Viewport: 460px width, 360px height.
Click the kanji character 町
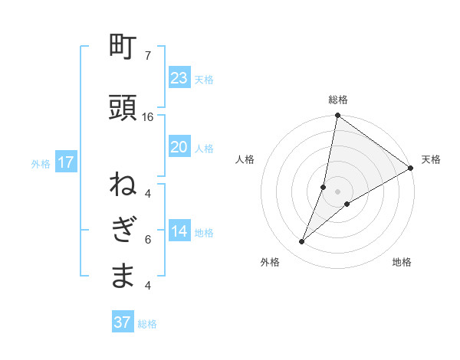tap(123, 48)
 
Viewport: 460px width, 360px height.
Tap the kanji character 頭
tap(123, 109)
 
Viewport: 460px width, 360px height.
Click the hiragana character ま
tap(123, 276)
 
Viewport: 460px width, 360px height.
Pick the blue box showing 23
tap(179, 78)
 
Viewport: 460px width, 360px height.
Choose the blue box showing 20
tap(179, 147)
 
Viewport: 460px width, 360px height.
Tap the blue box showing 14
tap(179, 231)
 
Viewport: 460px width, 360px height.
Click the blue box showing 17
tap(65, 162)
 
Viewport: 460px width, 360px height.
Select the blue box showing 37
tap(123, 322)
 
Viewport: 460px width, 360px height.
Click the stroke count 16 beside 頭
tap(148, 117)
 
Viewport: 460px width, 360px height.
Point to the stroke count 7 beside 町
tap(148, 56)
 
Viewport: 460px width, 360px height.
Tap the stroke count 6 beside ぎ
tap(148, 240)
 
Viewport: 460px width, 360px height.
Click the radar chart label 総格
tap(338, 100)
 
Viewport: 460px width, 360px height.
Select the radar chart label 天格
tap(431, 159)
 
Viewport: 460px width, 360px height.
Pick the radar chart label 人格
tap(245, 159)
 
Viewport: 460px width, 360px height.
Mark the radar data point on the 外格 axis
tap(302, 242)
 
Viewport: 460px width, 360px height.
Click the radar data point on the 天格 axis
tap(411, 169)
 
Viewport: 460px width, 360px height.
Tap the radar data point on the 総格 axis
tap(337, 116)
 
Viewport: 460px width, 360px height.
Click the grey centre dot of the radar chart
tap(337, 191)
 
